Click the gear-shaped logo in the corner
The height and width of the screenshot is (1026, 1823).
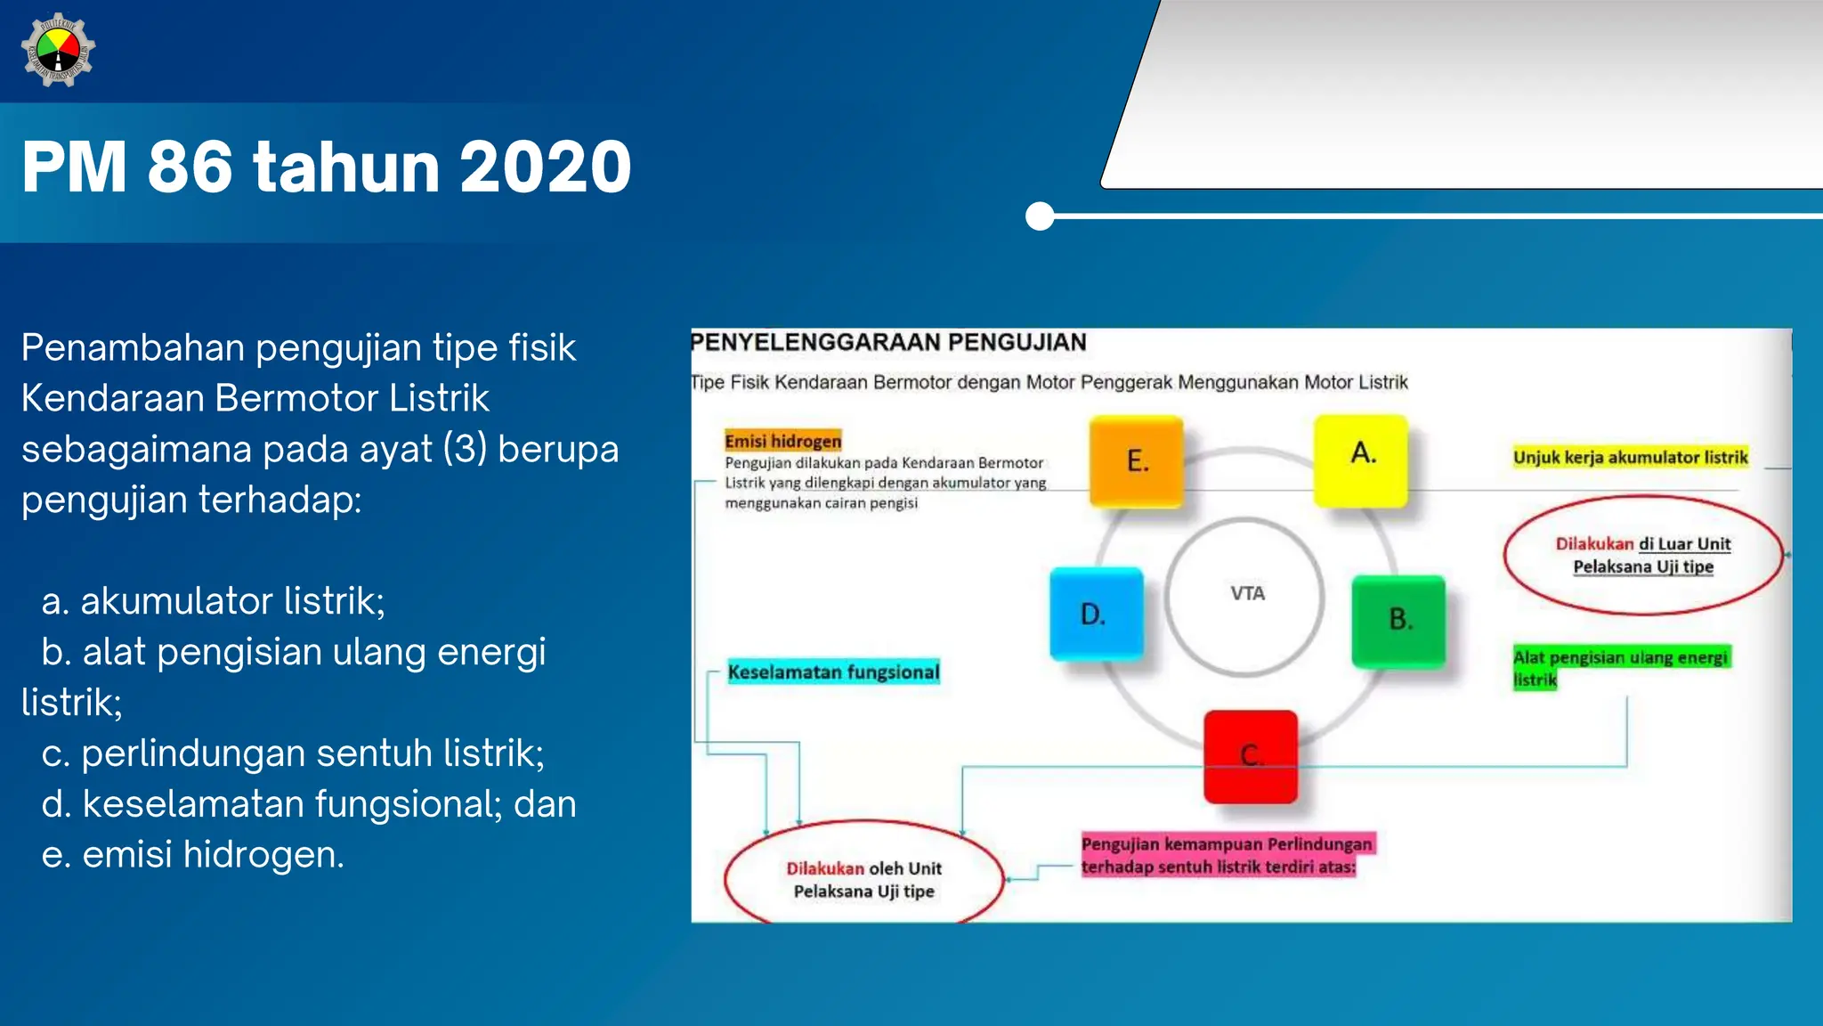58,51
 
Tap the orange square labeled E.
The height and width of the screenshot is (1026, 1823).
1137,460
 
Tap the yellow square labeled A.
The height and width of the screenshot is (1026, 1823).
1361,459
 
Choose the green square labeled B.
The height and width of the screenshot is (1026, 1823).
1398,621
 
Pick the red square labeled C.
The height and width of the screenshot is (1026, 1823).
1251,756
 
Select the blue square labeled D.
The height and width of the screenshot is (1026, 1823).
1096,614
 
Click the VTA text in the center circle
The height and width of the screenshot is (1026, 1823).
1246,593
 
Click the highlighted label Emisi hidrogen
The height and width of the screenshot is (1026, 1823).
782,441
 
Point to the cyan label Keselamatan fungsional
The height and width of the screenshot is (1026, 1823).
833,672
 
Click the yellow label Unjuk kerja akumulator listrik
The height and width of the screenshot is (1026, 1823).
1630,457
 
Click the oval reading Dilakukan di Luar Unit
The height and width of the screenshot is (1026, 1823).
1642,555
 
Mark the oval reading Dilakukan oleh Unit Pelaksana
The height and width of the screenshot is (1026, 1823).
863,879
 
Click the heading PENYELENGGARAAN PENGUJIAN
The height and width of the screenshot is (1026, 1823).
889,343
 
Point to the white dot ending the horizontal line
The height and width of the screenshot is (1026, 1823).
1039,216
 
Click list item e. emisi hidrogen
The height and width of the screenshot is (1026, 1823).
193,854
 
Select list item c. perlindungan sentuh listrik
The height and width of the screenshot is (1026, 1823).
293,753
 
